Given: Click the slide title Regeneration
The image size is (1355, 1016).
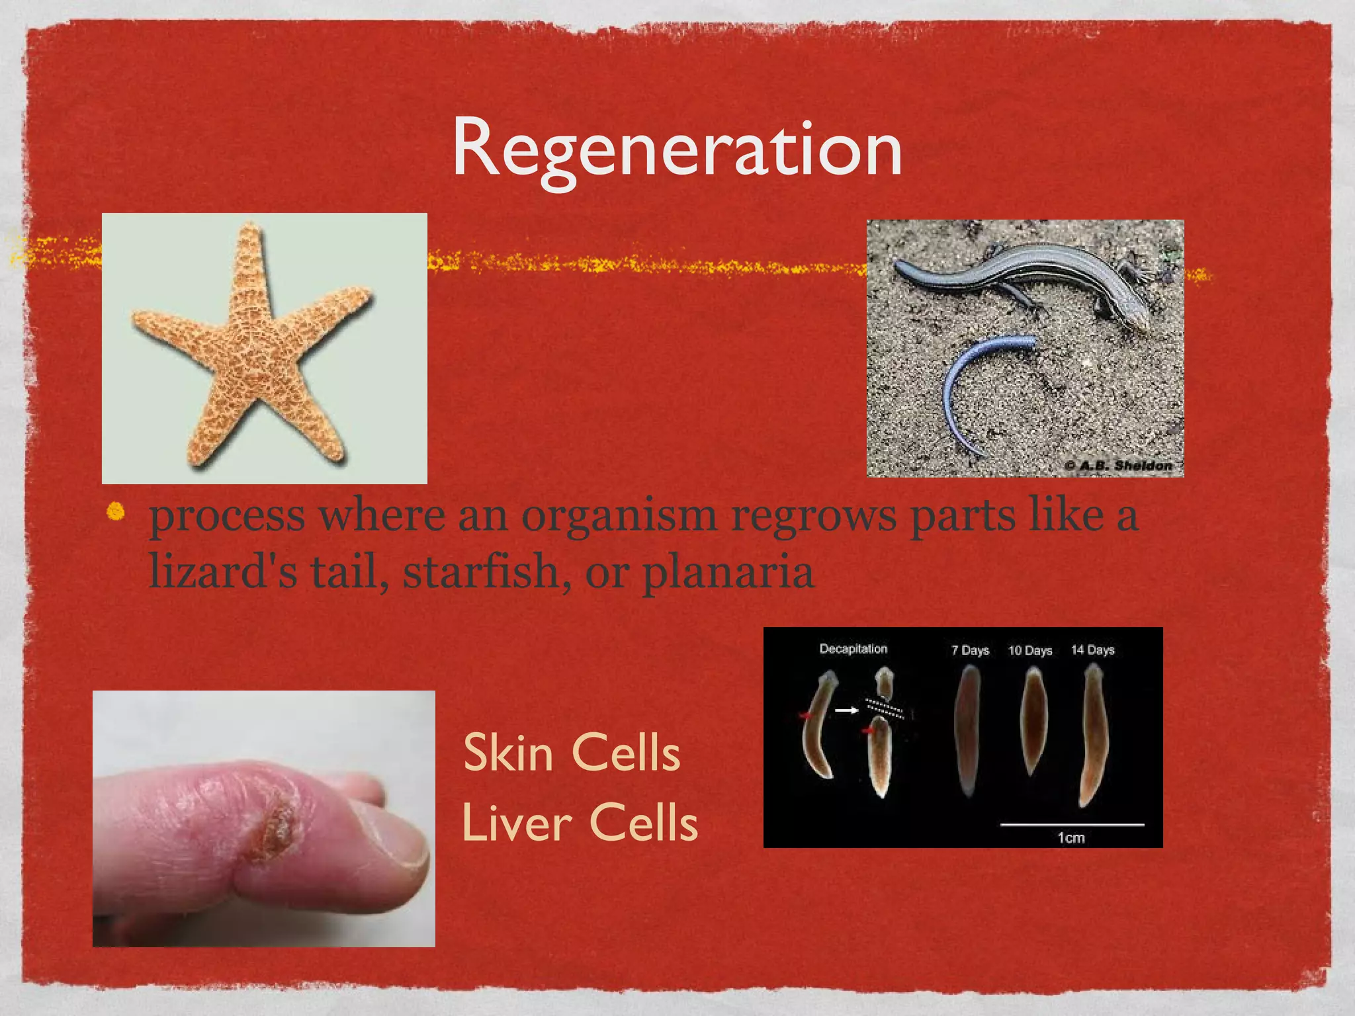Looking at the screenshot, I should click(x=677, y=148).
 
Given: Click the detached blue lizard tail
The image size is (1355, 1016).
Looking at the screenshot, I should click(x=973, y=390).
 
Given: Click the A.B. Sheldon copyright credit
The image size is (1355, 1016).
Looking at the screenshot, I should click(x=1118, y=466).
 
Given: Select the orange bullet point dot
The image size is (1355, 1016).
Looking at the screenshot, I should click(x=116, y=511).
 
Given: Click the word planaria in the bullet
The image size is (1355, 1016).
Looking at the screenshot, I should click(x=728, y=572).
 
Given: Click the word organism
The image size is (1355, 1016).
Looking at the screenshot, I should click(x=619, y=516).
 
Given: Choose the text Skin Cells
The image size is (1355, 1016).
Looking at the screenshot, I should click(x=572, y=753).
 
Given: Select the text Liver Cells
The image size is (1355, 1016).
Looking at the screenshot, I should click(x=580, y=823).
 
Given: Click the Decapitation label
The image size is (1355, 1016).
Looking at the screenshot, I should click(x=853, y=649).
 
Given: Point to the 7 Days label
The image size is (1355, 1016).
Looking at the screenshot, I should click(x=970, y=650).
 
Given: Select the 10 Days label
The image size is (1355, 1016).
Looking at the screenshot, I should click(x=1029, y=650).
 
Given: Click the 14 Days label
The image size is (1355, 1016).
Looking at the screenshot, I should click(x=1092, y=650).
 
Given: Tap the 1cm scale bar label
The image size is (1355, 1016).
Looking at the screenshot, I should click(x=1071, y=838).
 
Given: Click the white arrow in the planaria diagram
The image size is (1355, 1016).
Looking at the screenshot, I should click(x=846, y=710).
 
